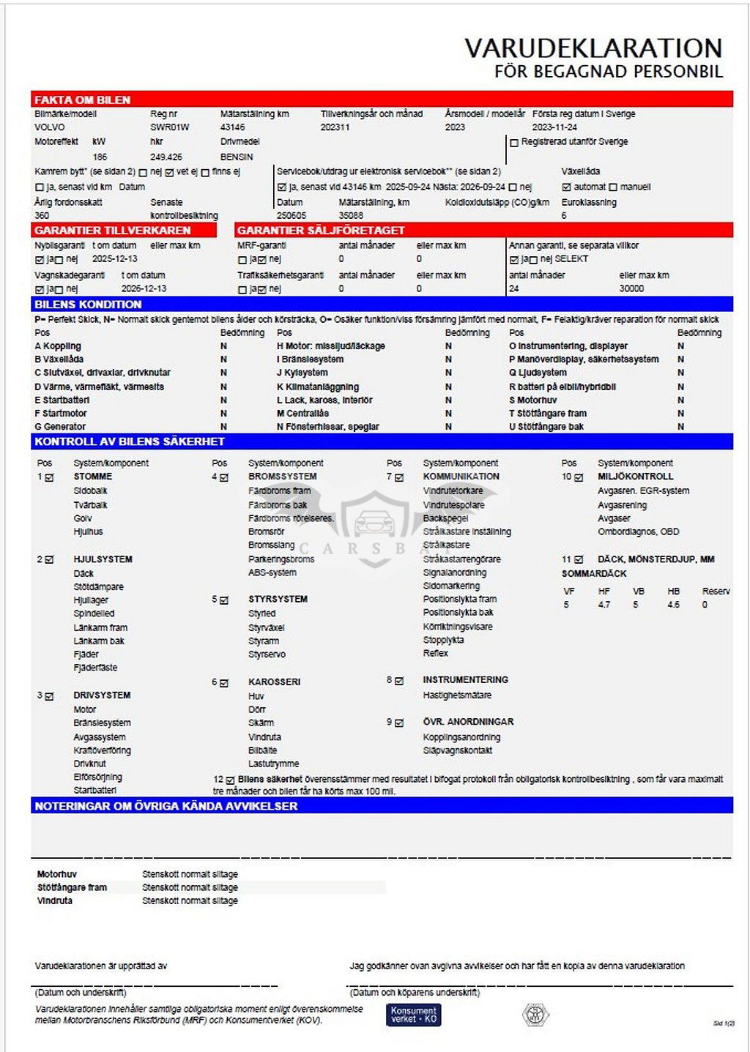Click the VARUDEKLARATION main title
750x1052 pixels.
(593, 48)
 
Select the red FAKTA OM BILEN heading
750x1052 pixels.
(82, 100)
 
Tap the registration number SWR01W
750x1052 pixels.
(169, 127)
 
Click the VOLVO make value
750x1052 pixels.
(49, 127)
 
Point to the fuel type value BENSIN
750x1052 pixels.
(237, 157)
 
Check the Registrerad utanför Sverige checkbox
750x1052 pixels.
(514, 143)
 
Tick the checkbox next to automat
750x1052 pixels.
(566, 187)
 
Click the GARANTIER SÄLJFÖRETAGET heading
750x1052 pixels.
(321, 230)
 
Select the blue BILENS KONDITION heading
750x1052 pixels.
(88, 304)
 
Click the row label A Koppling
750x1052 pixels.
(58, 346)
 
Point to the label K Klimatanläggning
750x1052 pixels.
(318, 387)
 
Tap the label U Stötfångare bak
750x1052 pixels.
(546, 427)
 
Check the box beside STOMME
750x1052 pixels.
(50, 477)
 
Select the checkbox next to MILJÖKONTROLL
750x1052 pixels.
(579, 477)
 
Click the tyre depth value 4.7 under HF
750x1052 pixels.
(604, 605)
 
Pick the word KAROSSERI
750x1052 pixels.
(274, 682)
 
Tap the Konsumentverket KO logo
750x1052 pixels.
(414, 1014)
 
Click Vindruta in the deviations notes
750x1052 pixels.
(55, 900)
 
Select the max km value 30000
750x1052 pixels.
(631, 288)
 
